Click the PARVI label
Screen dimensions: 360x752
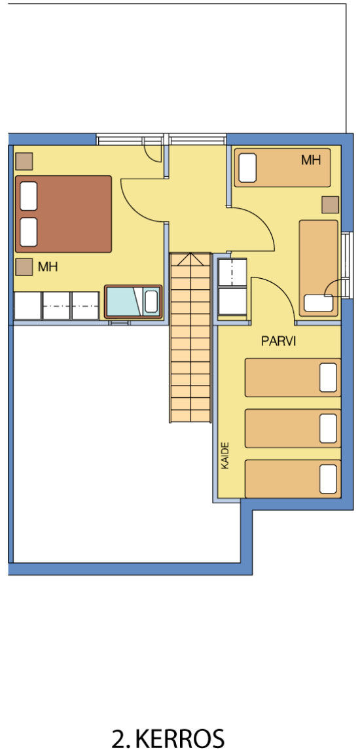278,341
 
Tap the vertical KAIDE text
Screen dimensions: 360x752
225,455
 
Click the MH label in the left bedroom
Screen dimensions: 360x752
48,267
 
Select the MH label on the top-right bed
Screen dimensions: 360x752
310,160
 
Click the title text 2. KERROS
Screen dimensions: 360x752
168,738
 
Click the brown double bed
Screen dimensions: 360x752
63,214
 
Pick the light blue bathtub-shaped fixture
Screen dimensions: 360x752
134,301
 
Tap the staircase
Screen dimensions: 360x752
190,338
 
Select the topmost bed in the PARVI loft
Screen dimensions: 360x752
293,378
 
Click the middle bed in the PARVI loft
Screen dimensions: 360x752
293,428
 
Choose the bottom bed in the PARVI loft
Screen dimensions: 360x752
293,479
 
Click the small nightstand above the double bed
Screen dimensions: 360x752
24,161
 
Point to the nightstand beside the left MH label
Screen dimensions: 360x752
24,267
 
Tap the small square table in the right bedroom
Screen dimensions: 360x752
331,205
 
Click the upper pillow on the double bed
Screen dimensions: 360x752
29,196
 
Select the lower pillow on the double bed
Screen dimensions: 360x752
29,232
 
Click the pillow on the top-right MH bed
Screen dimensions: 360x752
247,168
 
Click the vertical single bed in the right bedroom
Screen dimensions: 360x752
319,268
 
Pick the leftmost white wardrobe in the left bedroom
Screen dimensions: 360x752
27,306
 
